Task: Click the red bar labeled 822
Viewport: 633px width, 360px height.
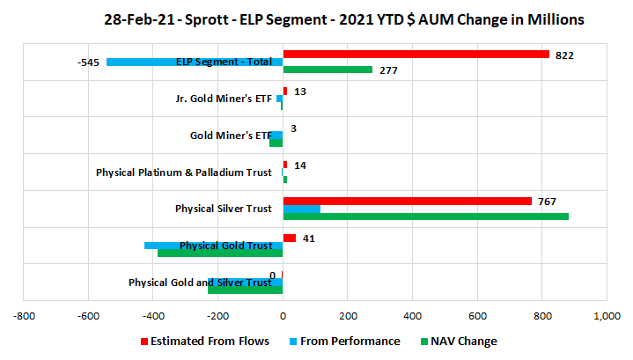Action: coord(416,54)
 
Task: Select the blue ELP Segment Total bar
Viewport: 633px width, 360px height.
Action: coord(195,62)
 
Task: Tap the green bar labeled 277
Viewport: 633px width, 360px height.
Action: coord(328,70)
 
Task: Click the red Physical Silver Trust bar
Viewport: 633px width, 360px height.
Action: coord(408,201)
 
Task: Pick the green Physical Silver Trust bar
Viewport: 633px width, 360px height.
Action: coord(426,217)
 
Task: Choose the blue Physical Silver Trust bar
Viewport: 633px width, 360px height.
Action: coord(302,209)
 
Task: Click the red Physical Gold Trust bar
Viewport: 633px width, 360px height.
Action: coord(290,239)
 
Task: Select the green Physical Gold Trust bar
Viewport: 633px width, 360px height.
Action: coord(220,253)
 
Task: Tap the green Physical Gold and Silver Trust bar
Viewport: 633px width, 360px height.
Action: coord(246,290)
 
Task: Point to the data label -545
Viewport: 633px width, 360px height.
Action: coord(88,62)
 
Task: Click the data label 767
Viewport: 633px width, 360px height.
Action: coord(547,202)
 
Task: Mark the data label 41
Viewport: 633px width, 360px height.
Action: coord(309,239)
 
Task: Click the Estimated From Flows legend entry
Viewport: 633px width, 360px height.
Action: coord(205,342)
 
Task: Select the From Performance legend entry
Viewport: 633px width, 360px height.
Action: coord(345,342)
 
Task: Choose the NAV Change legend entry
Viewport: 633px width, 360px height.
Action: coord(459,342)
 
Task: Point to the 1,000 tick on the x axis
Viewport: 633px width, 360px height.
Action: coord(607,316)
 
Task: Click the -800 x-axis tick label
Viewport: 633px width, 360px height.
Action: coord(25,316)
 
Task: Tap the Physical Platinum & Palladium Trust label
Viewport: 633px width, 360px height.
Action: coord(184,173)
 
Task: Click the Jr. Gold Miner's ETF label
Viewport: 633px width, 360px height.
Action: coord(224,99)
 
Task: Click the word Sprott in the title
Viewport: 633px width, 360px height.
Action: coord(206,19)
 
